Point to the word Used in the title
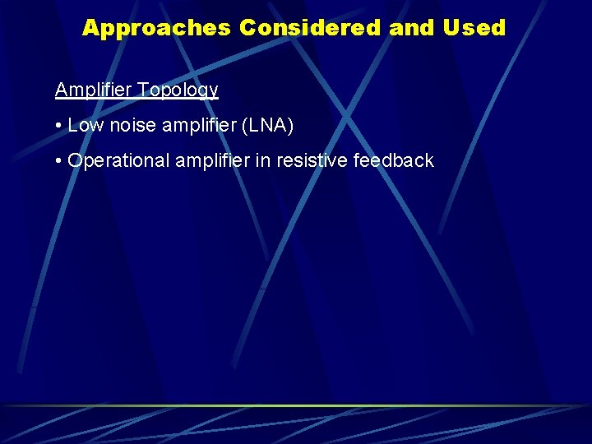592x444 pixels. click(474, 28)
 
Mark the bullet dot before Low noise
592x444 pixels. click(59, 126)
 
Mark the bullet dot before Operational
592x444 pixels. click(59, 161)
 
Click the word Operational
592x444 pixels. click(118, 161)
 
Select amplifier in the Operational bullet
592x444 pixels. click(212, 161)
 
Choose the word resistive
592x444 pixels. click(312, 161)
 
